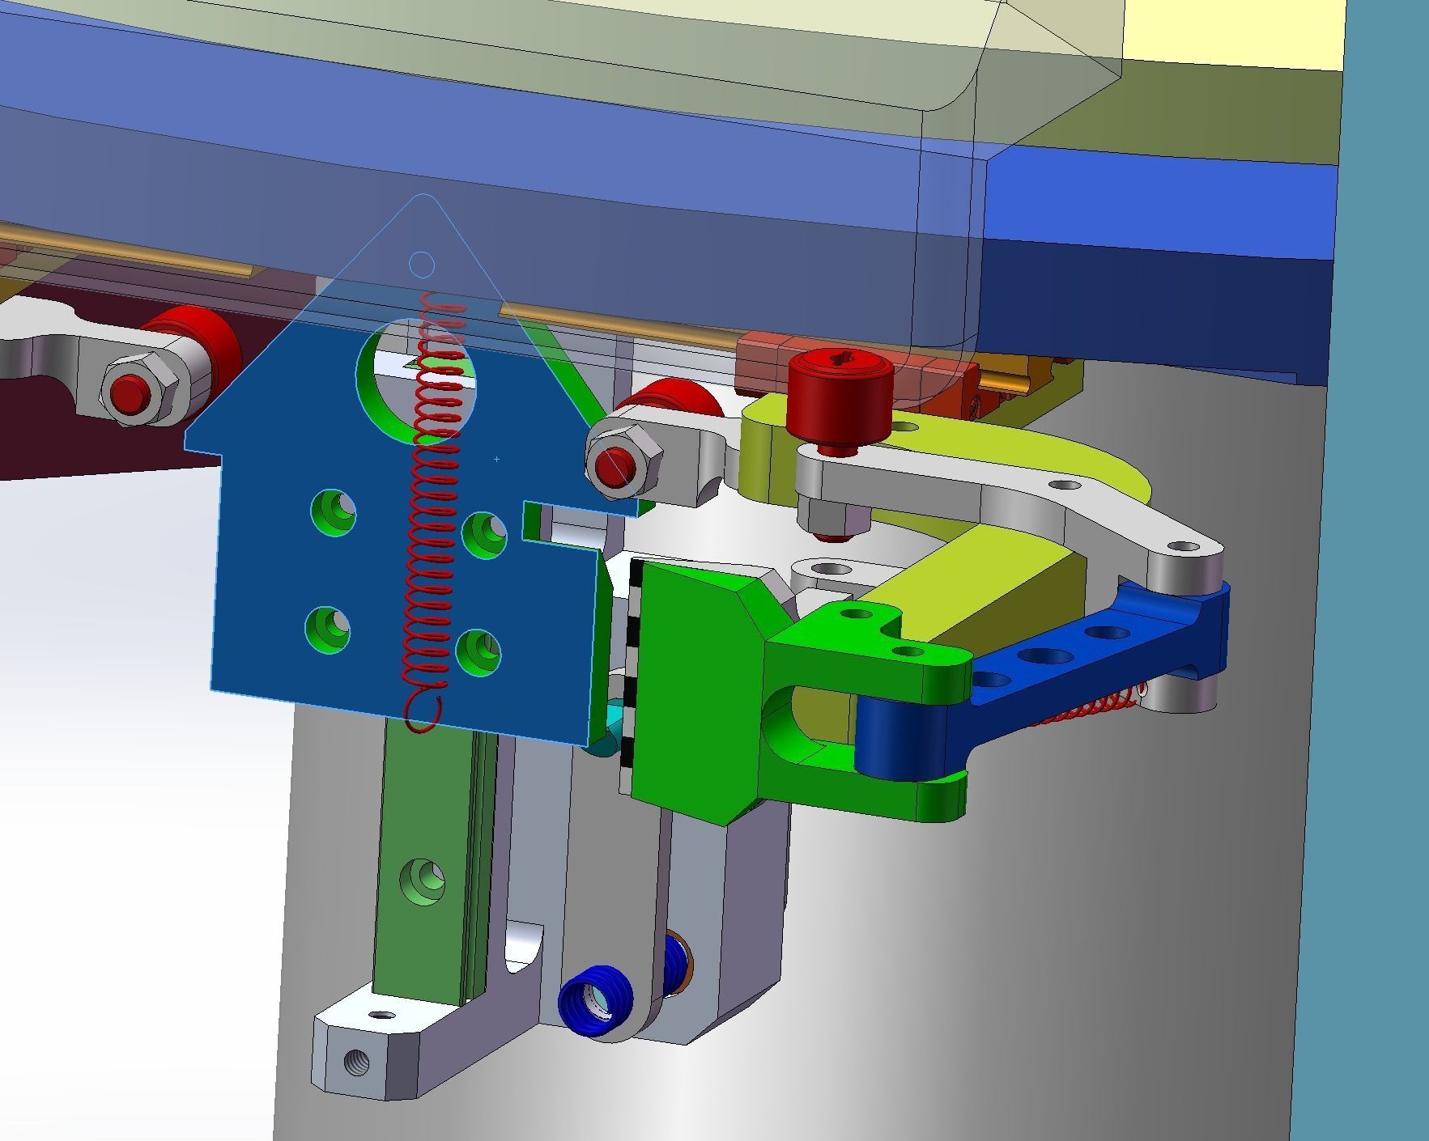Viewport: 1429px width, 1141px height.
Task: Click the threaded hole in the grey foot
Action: point(356,1060)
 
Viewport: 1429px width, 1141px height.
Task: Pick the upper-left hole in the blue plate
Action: point(334,512)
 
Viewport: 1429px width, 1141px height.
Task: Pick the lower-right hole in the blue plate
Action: point(478,652)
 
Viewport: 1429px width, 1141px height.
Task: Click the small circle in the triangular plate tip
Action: point(421,265)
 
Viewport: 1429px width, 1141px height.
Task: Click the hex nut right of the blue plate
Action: point(624,463)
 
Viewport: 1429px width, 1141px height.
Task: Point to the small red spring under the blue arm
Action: point(1085,708)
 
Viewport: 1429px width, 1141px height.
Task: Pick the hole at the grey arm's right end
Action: point(1186,549)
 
